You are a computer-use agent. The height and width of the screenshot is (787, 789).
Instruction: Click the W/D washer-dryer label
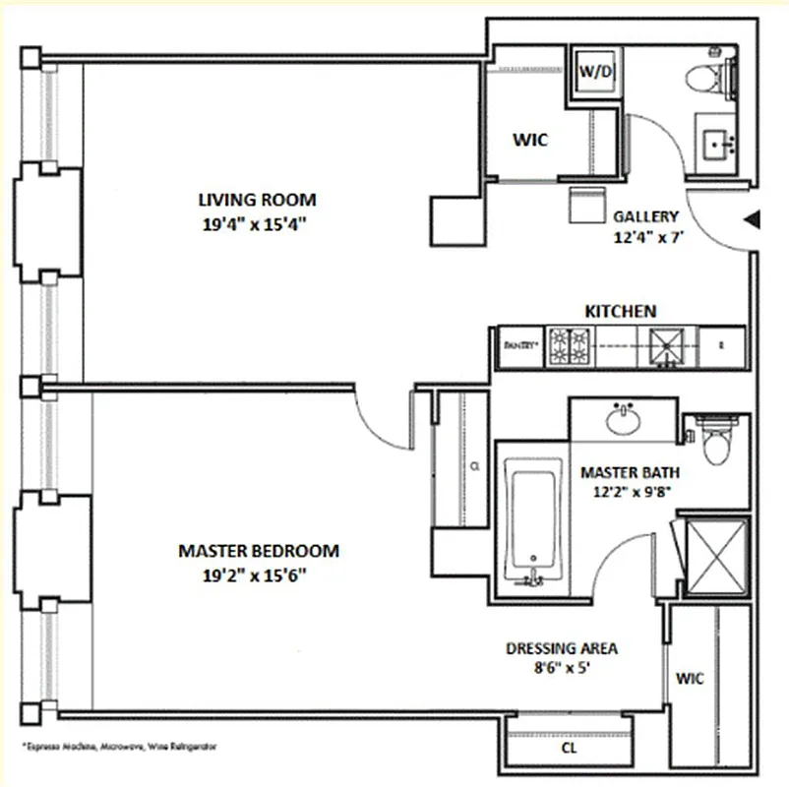pos(595,72)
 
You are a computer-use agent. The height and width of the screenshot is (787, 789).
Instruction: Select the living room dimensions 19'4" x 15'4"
pos(256,223)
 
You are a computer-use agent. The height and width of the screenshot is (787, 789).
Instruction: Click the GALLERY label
pos(646,216)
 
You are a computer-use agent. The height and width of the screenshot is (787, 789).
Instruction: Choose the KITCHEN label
pos(620,311)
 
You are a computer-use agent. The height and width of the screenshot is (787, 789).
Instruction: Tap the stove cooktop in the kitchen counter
pos(571,345)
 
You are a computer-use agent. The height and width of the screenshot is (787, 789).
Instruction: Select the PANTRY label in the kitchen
pos(518,345)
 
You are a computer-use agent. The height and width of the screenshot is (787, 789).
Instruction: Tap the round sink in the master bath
pos(623,419)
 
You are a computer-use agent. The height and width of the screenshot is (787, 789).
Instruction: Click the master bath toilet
pos(716,440)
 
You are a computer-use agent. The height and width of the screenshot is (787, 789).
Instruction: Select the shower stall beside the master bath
pos(716,556)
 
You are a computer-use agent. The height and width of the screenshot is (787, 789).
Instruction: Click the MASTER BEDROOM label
pos(258,551)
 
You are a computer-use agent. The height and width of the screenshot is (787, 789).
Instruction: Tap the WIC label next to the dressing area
pos(689,679)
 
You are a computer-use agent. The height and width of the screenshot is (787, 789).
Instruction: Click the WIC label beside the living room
pos(529,140)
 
